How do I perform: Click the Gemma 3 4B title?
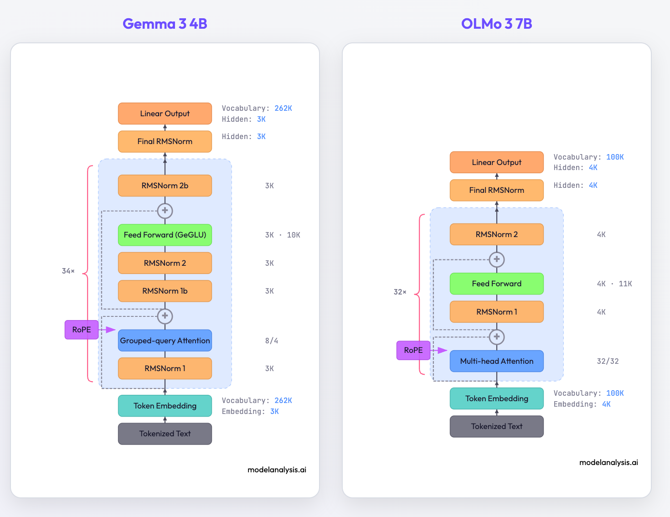[x=165, y=24]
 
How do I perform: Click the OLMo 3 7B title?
[x=496, y=24]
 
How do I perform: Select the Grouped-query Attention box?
[x=165, y=341]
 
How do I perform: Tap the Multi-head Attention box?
[x=496, y=361]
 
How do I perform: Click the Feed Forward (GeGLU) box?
[x=165, y=235]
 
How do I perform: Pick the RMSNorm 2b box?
[x=165, y=186]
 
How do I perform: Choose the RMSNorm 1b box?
[x=165, y=291]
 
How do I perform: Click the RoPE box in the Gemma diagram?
[x=82, y=330]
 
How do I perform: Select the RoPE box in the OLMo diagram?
[x=413, y=350]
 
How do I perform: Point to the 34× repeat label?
[x=68, y=271]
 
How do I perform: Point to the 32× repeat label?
[x=400, y=292]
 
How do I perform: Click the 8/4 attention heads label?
[x=272, y=341]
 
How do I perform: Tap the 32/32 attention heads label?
[x=608, y=361]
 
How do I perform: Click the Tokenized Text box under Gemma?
[x=165, y=434]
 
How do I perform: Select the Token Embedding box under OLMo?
[x=496, y=398]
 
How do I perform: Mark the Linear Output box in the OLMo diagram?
[x=496, y=162]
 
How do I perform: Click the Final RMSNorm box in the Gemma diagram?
[x=165, y=141]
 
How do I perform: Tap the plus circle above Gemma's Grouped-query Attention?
[x=165, y=315]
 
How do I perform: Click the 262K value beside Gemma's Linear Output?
[x=283, y=108]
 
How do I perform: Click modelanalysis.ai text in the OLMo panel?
[x=608, y=462]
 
